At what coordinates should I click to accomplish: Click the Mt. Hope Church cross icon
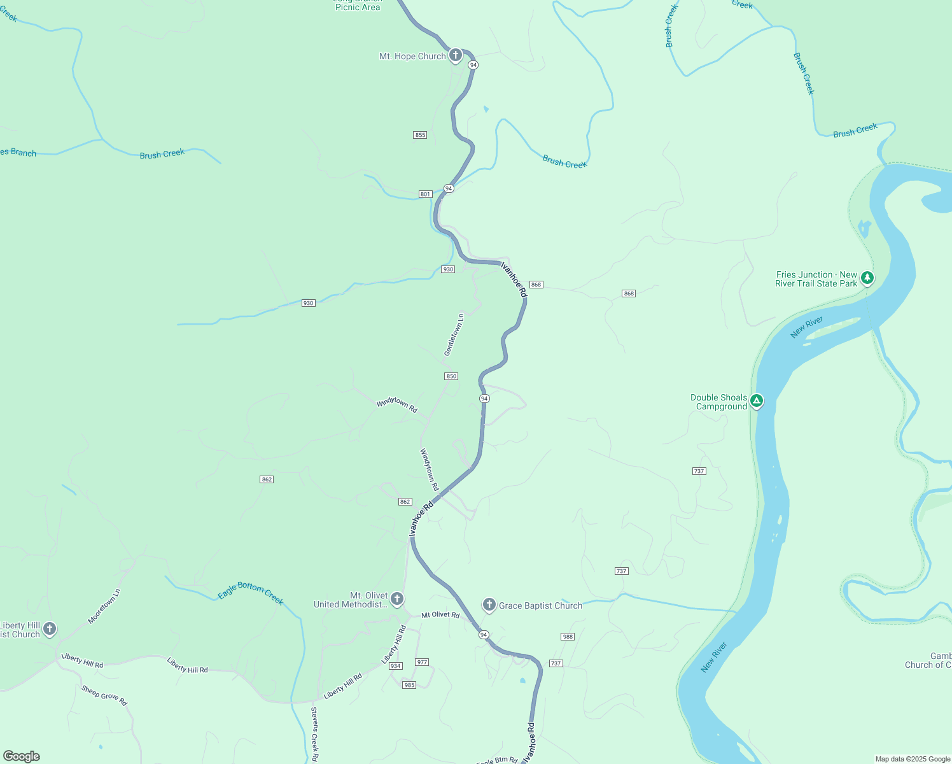click(456, 55)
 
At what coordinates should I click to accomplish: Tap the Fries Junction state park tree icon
click(867, 278)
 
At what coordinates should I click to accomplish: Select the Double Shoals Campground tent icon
click(757, 400)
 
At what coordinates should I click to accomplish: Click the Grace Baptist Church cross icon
click(489, 604)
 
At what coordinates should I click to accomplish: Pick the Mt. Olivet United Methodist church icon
click(396, 598)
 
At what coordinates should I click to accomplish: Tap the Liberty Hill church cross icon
click(50, 629)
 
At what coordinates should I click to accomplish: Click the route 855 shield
click(420, 135)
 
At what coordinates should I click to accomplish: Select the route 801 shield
click(426, 194)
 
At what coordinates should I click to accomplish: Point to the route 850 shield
click(451, 376)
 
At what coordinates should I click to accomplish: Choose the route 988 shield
click(568, 637)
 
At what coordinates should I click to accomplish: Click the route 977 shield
click(422, 662)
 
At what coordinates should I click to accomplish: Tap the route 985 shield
click(409, 685)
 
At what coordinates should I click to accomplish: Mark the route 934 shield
click(396, 666)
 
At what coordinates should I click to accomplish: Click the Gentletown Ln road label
click(454, 335)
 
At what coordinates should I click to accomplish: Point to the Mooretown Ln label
click(104, 606)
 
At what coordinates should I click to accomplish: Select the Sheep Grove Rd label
click(104, 695)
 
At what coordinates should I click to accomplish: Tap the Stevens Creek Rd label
click(314, 734)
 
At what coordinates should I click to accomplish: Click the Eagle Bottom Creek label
click(251, 593)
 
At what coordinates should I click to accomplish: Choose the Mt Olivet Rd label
click(440, 615)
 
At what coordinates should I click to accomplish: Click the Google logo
click(22, 756)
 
